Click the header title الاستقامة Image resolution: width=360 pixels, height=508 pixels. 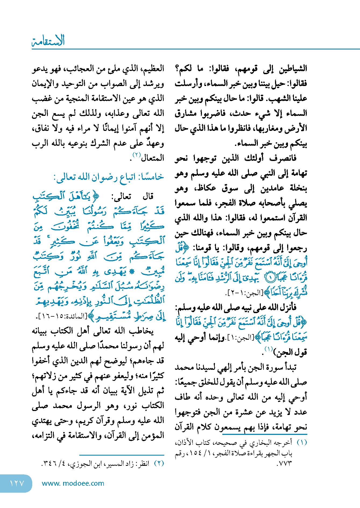tap(48, 41)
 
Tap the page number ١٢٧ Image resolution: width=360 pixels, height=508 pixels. tap(17, 483)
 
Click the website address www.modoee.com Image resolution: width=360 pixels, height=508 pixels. tap(73, 483)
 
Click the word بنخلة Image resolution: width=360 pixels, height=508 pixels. tap(298, 188)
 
